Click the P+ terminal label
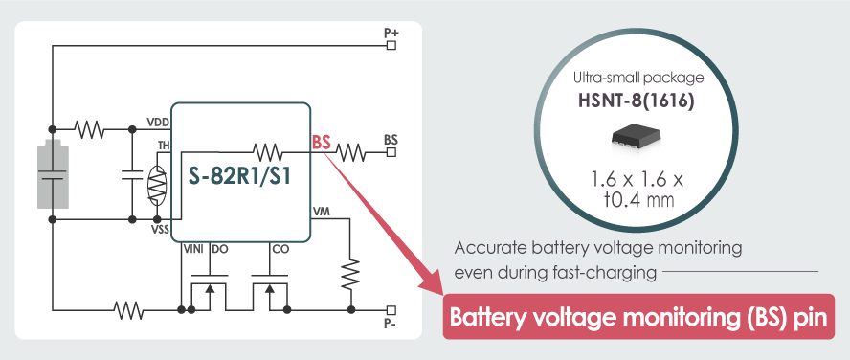(391, 33)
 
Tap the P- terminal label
(391, 324)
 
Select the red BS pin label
(322, 143)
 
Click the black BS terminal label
(391, 140)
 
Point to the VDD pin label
(158, 122)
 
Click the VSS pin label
(158, 229)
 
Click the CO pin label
(280, 249)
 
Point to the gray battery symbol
(53, 174)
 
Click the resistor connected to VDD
(91, 128)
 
